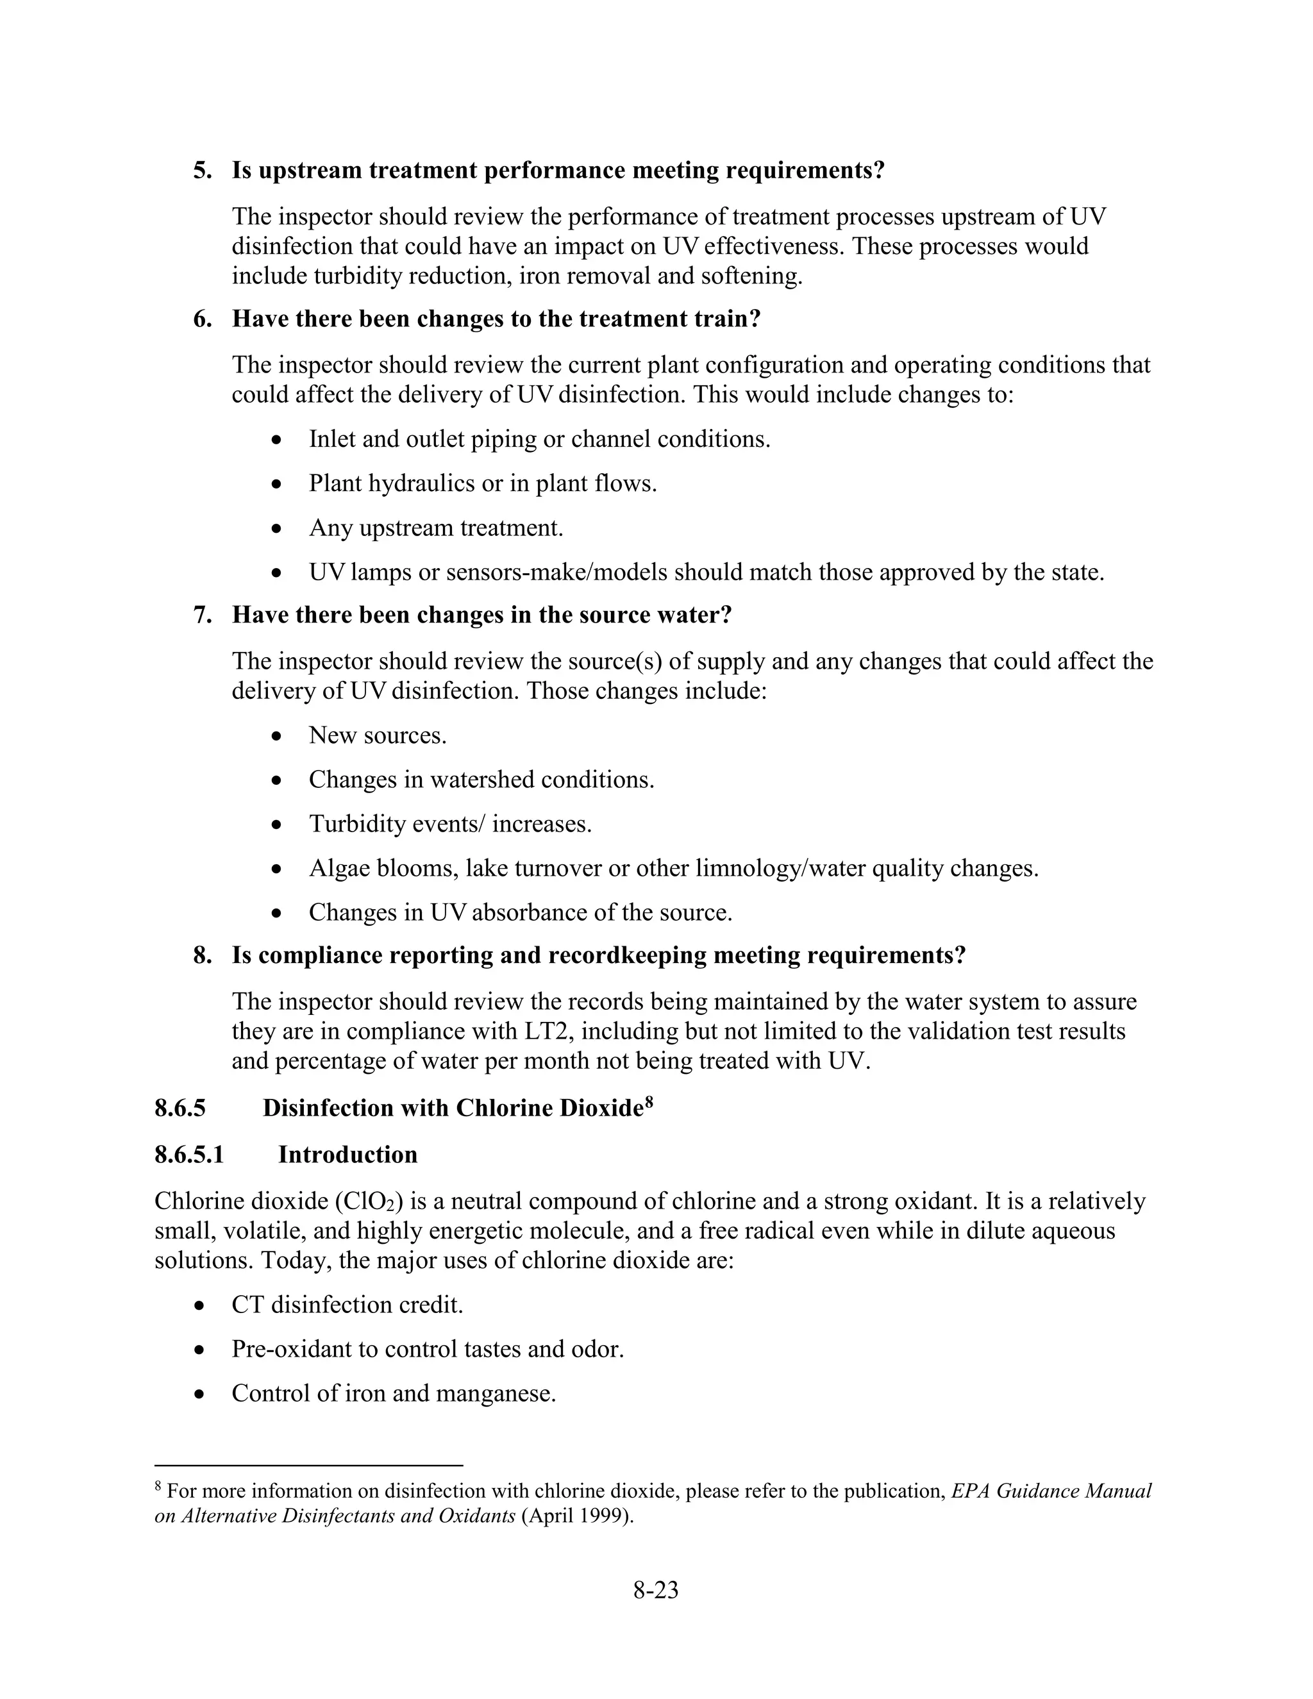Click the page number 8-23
coord(655,1590)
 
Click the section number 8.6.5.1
coord(189,1155)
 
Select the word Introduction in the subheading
coord(347,1155)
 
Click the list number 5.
coord(202,171)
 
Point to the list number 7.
coord(202,615)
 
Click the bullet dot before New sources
coord(277,736)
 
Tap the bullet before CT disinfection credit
coord(200,1305)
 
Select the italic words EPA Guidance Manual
coord(1051,1491)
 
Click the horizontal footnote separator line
coord(309,1465)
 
